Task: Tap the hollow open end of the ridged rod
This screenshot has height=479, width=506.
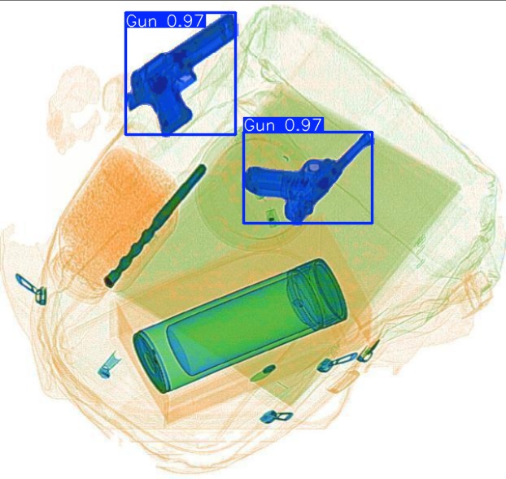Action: click(x=108, y=282)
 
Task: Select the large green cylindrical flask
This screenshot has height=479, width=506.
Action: click(x=241, y=325)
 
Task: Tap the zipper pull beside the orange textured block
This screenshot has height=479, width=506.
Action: click(x=30, y=287)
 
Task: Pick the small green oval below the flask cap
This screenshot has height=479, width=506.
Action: click(x=261, y=373)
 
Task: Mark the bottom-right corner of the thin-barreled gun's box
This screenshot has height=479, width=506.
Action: click(x=372, y=221)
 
